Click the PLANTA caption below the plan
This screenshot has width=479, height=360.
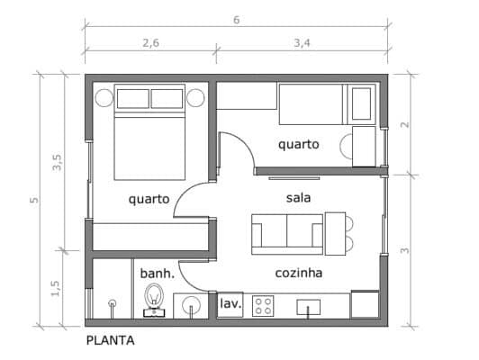point(110,340)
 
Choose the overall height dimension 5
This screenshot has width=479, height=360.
point(33,199)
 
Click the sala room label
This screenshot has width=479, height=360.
point(299,197)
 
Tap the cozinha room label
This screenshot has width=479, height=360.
point(300,272)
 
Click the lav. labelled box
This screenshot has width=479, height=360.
point(230,305)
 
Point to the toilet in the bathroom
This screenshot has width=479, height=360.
point(153,299)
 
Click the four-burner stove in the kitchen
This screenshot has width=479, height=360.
point(264,306)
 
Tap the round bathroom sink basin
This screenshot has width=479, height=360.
point(190,306)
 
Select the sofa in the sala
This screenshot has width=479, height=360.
point(287,231)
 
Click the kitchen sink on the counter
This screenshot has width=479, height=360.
point(310,307)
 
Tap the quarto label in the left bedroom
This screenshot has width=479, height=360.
point(149,199)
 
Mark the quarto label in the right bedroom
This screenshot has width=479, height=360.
point(298,143)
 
